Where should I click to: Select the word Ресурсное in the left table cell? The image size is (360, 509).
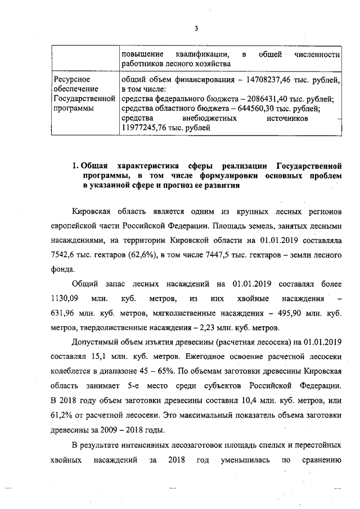(x=72, y=79)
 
